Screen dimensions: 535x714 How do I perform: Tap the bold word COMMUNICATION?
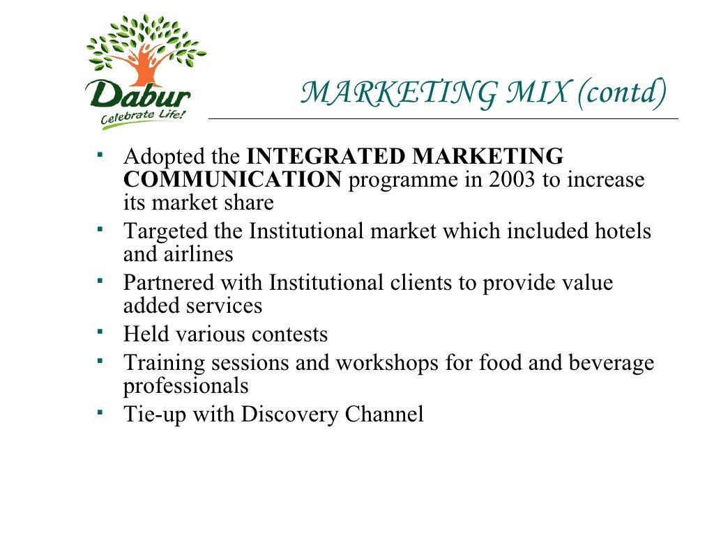[x=233, y=180]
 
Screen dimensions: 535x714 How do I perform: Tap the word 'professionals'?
[x=185, y=386]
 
